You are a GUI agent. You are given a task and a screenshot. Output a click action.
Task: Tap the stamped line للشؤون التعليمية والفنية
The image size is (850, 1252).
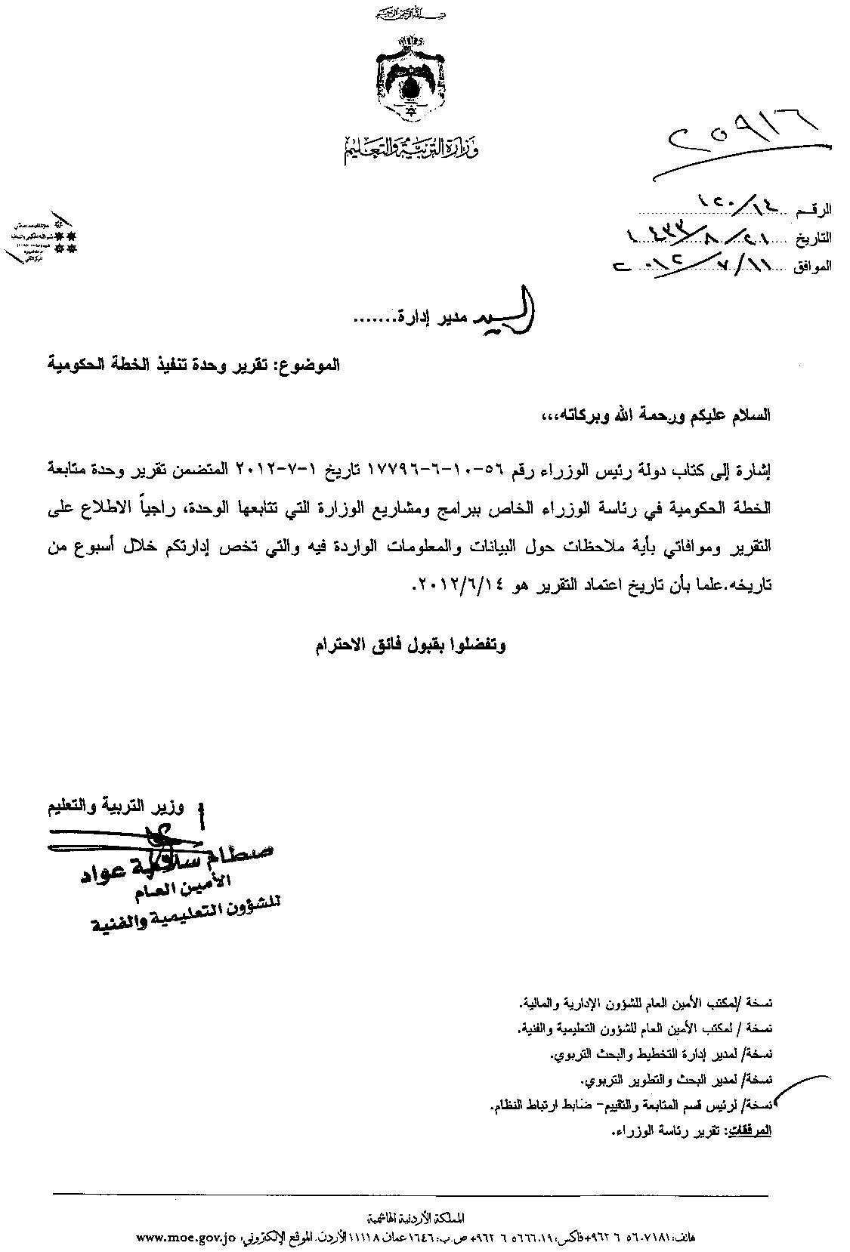point(185,916)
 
